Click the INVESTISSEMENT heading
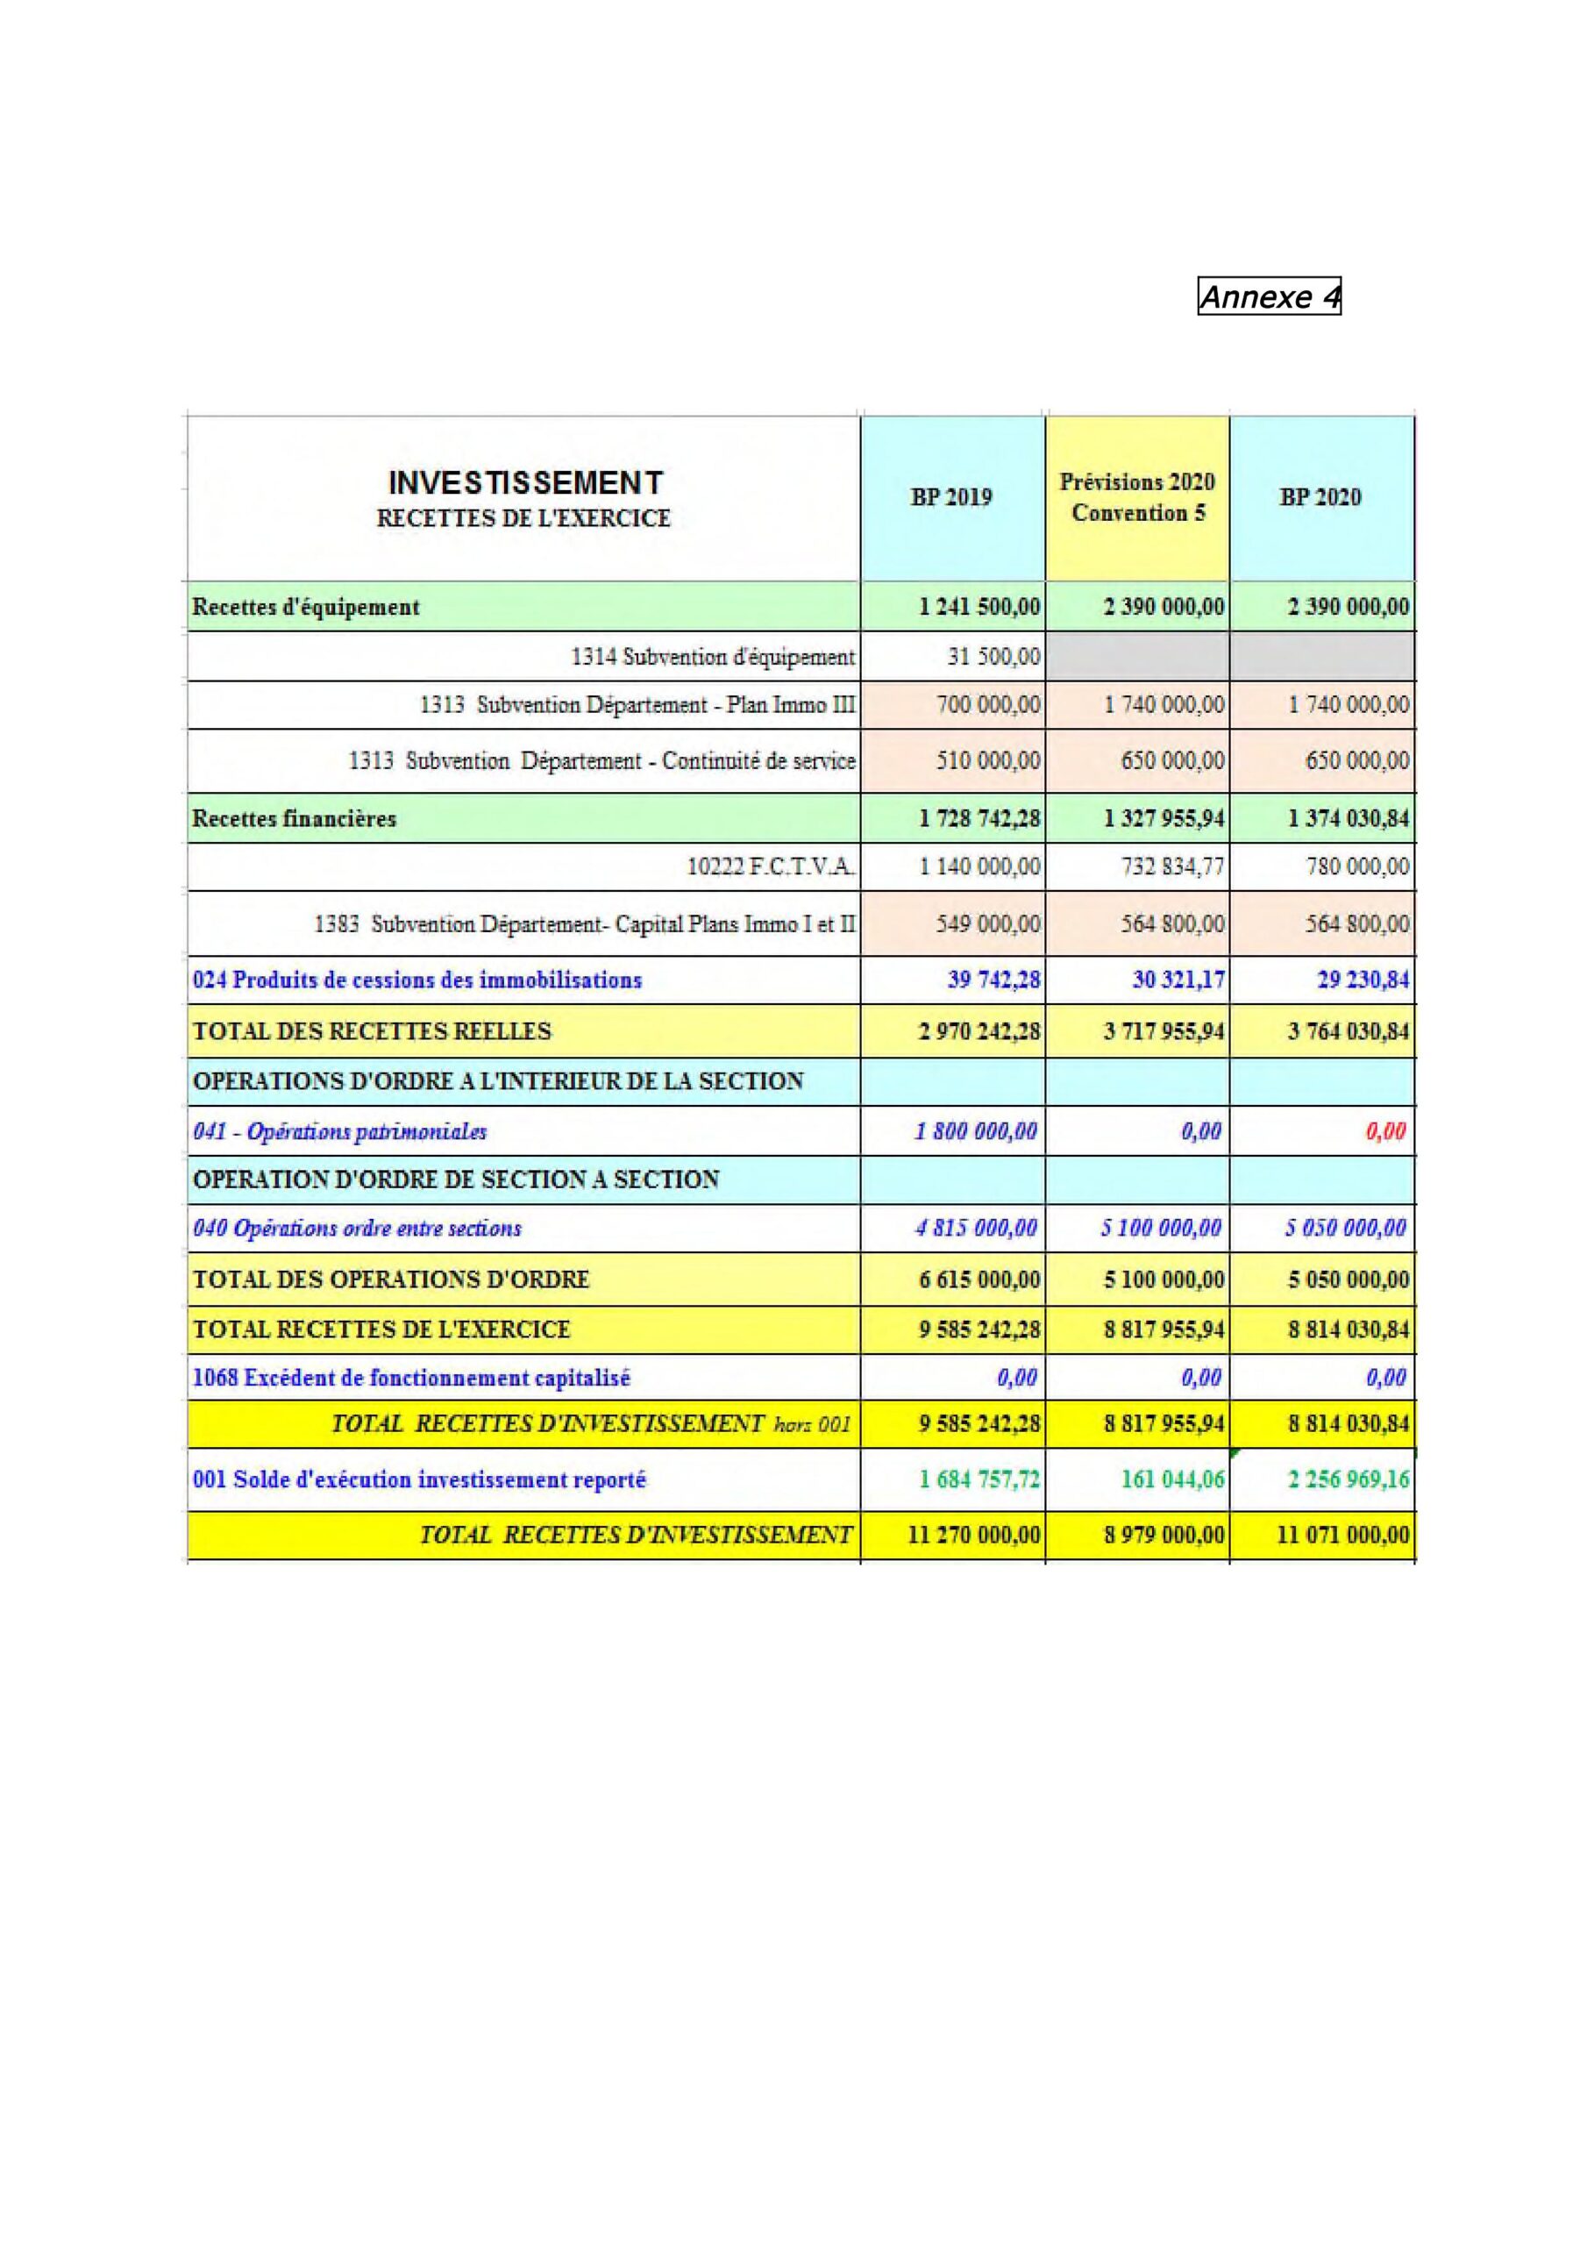[525, 483]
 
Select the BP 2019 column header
[951, 498]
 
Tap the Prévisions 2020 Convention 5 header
[1137, 498]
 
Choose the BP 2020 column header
[1320, 498]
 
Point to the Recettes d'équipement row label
[306, 607]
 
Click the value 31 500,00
[993, 656]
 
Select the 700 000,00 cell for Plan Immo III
[988, 705]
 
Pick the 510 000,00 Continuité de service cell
[988, 760]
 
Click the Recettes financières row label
[295, 818]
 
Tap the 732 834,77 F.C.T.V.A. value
[1172, 866]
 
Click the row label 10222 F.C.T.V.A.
[771, 866]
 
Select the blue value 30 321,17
[1178, 980]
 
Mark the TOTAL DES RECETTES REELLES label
[373, 1031]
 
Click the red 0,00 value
[1385, 1131]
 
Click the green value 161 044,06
[1172, 1479]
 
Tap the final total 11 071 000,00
[1343, 1536]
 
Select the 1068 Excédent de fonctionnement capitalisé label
[412, 1379]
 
